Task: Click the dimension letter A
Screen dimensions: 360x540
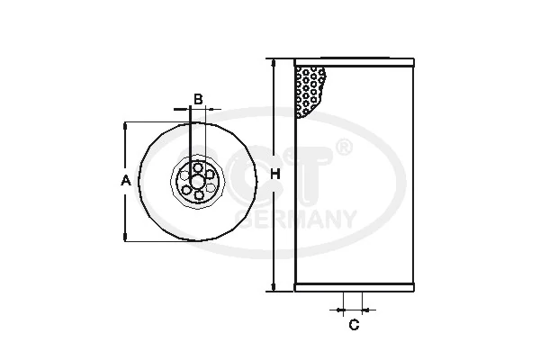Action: pos(126,181)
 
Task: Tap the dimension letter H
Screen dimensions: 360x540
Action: pos(277,174)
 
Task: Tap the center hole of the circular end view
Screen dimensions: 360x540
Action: pos(197,180)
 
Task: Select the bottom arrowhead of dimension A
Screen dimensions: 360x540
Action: pos(125,237)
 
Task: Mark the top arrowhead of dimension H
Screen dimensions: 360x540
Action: pos(273,62)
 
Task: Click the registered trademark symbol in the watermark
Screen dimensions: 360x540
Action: pos(343,146)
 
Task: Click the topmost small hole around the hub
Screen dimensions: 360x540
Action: pos(197,166)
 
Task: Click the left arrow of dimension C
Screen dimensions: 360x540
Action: pos(337,309)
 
